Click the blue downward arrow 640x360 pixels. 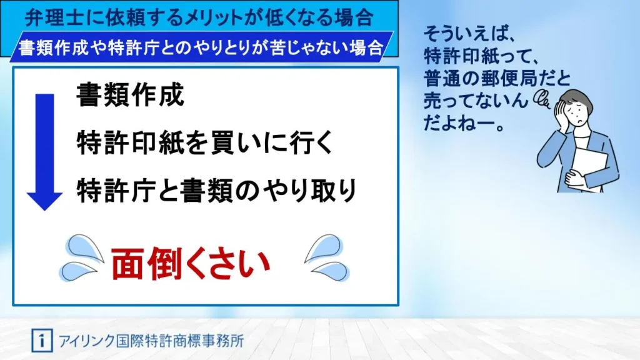click(45, 152)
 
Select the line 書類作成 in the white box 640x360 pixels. click(130, 95)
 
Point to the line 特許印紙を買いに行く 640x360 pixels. click(205, 143)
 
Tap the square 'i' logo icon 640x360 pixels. click(42, 341)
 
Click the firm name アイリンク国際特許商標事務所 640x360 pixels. click(151, 341)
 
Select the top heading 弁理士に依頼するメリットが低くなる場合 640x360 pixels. click(199, 17)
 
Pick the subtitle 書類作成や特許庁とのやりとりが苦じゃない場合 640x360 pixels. click(201, 47)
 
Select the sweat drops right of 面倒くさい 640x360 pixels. click(327, 257)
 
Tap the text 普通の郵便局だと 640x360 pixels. click(496, 78)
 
